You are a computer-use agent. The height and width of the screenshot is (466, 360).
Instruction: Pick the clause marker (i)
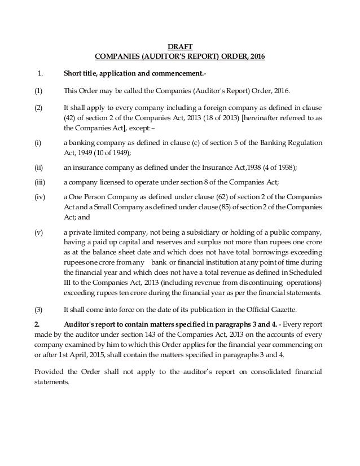(37, 144)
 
